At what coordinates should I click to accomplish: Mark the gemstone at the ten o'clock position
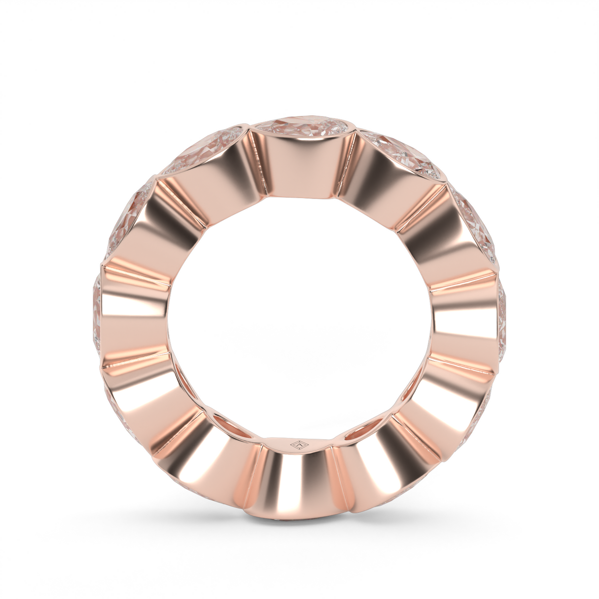[127, 220]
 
